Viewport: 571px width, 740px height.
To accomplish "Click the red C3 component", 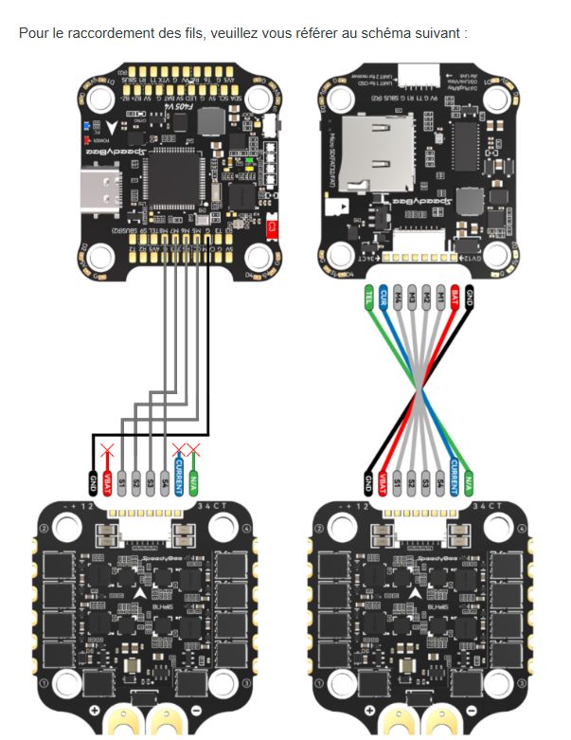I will point(273,228).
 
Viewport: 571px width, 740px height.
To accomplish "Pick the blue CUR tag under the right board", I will point(384,298).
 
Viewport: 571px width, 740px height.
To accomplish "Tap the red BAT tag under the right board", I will point(455,298).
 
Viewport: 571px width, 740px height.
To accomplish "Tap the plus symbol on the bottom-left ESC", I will point(94,711).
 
